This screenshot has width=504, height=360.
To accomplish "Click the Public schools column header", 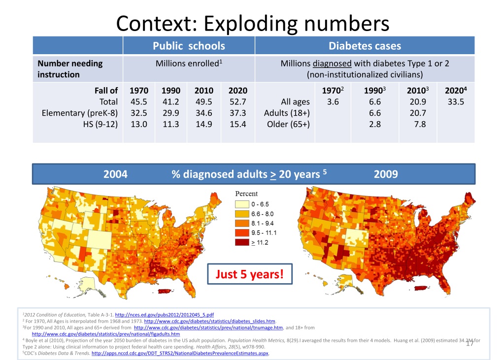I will pos(189,46).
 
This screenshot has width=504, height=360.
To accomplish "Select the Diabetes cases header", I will pos(365,46).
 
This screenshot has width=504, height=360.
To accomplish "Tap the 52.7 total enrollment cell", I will pos(238,102).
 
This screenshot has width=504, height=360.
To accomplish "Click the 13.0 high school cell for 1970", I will pos(138,124).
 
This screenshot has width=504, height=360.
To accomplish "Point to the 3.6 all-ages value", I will pos(333,102).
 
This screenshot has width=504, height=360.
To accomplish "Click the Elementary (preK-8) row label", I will pos(79,113).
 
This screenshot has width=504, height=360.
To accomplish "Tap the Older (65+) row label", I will pos(288,124).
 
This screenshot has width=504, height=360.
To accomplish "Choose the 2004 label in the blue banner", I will pos(115,174).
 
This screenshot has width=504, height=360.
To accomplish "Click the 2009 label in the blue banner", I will pos(386,174).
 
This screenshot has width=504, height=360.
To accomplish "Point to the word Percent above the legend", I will pos(246,193).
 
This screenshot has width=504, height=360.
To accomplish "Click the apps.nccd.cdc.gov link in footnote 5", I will pos(181,353).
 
